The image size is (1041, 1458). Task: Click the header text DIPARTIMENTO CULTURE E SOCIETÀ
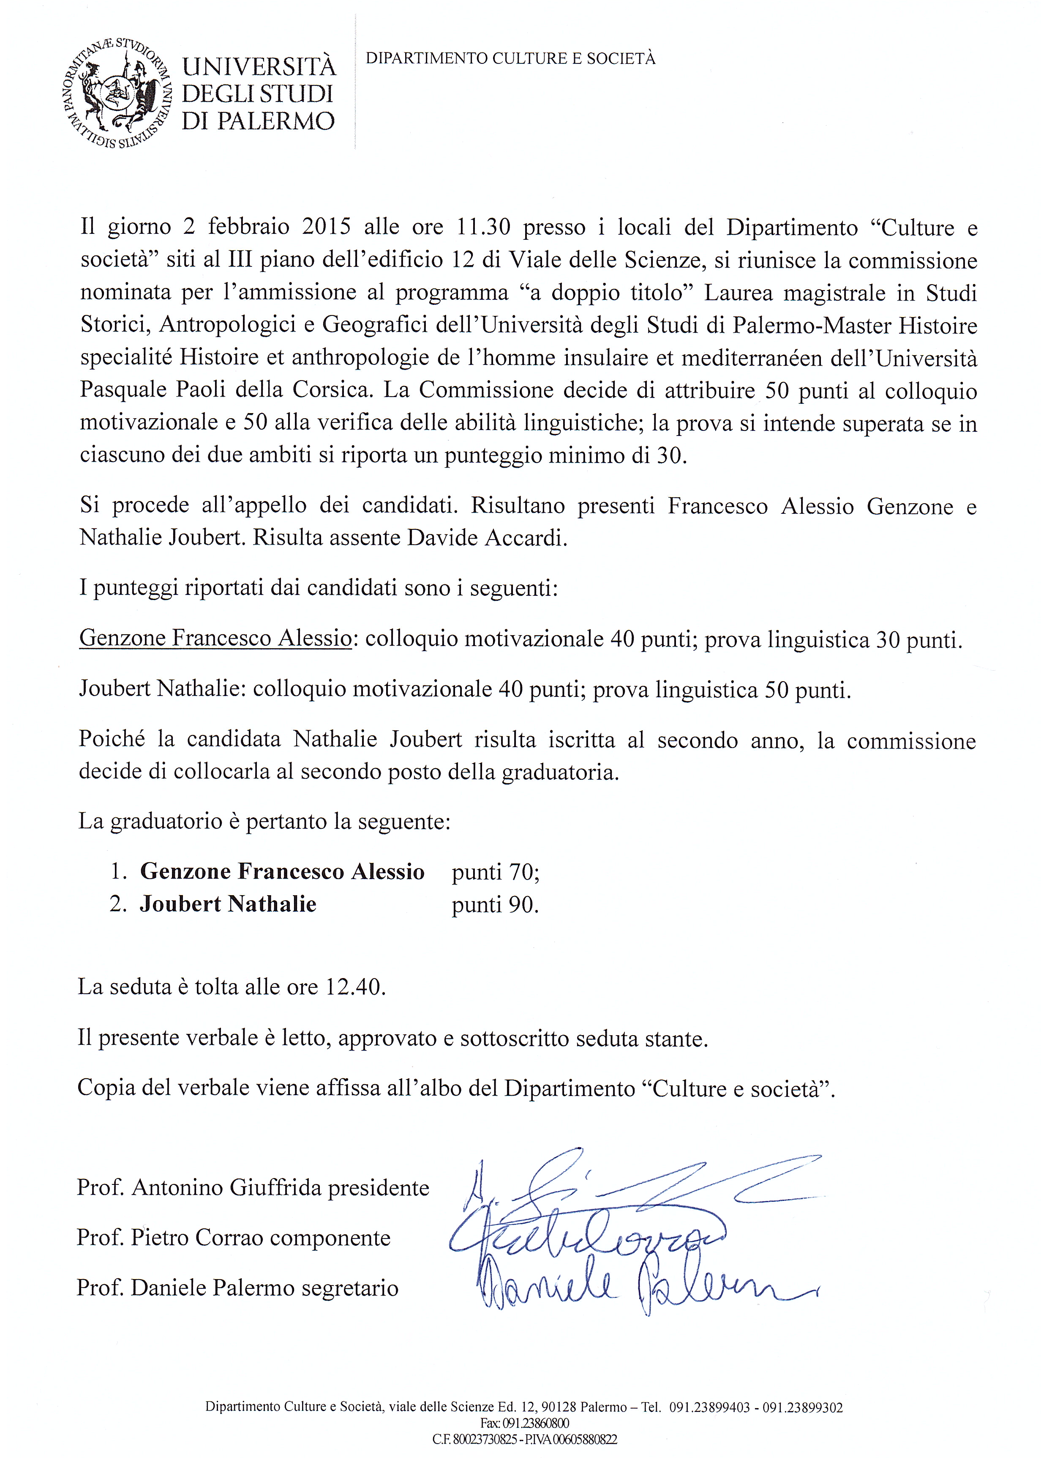point(510,59)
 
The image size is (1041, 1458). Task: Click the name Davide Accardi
point(487,537)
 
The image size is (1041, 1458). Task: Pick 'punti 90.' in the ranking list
point(495,905)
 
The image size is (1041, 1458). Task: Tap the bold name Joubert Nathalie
point(228,904)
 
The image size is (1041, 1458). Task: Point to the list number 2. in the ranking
point(119,905)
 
